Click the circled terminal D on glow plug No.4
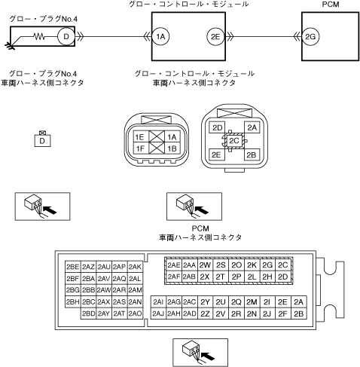pos(66,37)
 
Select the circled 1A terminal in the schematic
pos(160,37)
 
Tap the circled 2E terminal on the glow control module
pos(215,37)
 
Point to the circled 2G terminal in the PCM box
pos(310,37)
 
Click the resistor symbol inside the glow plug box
pos(39,37)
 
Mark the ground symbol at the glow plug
pos(10,46)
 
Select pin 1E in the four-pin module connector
pos(141,137)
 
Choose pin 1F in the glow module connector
pos(141,148)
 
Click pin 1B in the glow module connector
pos(172,148)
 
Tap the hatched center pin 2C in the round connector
pos(234,141)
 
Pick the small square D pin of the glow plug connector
pos(42,141)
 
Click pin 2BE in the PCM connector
pos(73,267)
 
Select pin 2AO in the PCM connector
pos(135,313)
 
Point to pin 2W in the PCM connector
pos(205,265)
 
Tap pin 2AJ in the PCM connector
pos(158,313)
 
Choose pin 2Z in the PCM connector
pos(205,313)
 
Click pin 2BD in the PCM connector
pos(88,313)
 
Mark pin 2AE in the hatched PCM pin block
pos(174,265)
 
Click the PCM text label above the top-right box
pos(331,5)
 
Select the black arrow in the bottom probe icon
pos(208,356)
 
